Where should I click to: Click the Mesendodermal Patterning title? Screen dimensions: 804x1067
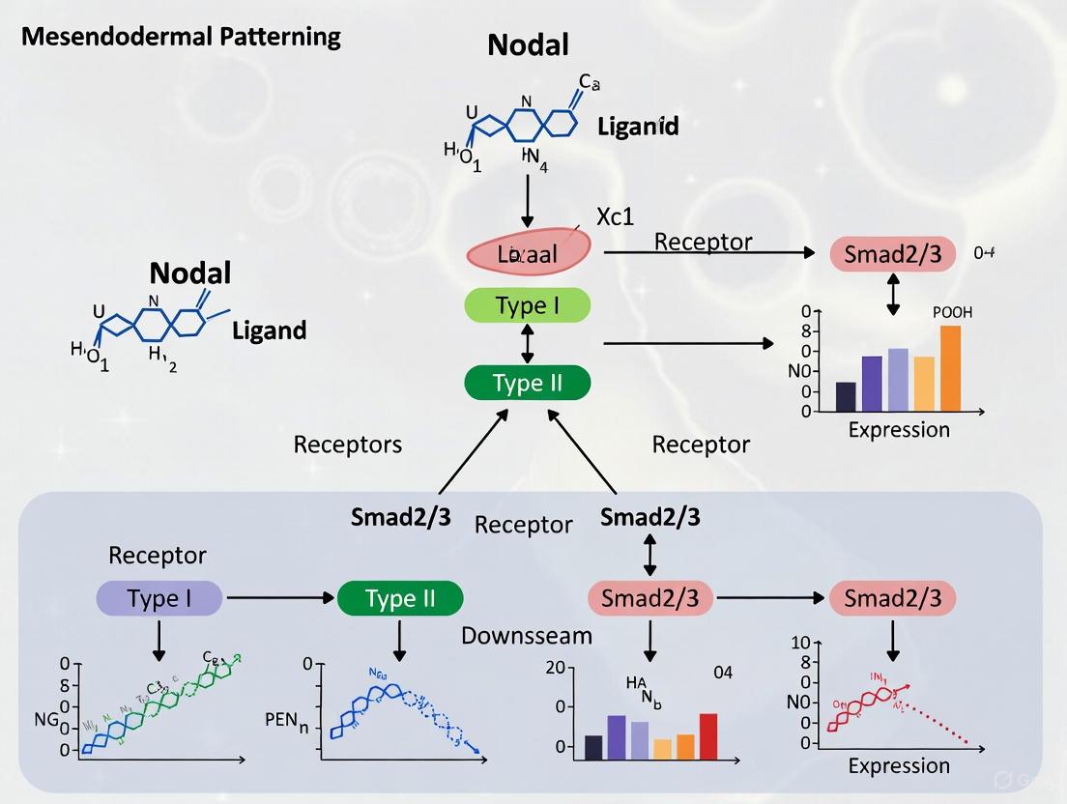pos(181,38)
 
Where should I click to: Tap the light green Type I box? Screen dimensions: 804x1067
pos(527,306)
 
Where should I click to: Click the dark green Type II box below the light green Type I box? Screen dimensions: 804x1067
pos(527,383)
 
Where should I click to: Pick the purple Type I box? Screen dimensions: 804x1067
pos(159,598)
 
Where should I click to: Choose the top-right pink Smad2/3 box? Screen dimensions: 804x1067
pos(892,255)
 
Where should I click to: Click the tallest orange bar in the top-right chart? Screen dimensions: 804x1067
pos(950,367)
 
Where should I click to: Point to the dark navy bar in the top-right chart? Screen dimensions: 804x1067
pos(846,396)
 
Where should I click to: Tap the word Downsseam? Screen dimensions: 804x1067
pos(526,636)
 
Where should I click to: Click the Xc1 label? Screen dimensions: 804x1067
pos(615,216)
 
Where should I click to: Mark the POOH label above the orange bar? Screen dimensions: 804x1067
pos(952,313)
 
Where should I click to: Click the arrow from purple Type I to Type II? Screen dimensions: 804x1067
pos(279,598)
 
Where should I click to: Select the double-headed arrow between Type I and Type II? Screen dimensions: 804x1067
pos(527,344)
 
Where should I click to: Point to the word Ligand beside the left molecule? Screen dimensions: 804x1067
pos(269,330)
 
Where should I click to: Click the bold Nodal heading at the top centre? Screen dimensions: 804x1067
pos(528,44)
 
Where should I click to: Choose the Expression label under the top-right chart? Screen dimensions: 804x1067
pos(899,430)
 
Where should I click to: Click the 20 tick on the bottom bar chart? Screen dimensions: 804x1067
pos(555,667)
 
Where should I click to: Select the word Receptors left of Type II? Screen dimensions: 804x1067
pos(348,445)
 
